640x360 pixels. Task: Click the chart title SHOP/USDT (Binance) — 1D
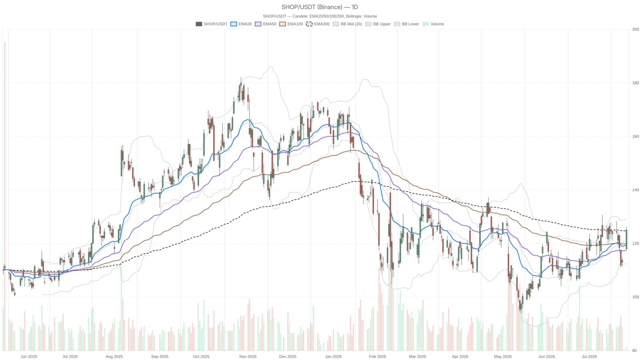[320, 7]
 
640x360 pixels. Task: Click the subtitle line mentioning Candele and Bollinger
[320, 16]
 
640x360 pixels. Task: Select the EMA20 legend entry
[241, 24]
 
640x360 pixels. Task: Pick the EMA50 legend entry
[266, 24]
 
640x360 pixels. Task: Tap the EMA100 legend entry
[291, 24]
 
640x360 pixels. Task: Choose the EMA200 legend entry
[318, 24]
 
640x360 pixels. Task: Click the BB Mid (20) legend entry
[347, 24]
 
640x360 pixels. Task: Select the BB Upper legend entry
[378, 24]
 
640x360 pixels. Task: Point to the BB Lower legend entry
[406, 24]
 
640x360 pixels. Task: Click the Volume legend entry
[433, 24]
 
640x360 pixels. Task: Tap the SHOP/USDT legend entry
[212, 24]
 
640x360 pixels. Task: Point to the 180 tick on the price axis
[636, 83]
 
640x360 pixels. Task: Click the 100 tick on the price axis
[636, 297]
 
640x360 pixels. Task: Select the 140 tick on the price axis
[636, 190]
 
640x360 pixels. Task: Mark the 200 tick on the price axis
[636, 29]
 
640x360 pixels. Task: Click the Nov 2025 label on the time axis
[248, 356]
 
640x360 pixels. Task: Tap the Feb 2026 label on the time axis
[378, 356]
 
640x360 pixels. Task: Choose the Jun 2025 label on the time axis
[28, 356]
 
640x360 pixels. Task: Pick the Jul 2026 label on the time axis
[590, 356]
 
